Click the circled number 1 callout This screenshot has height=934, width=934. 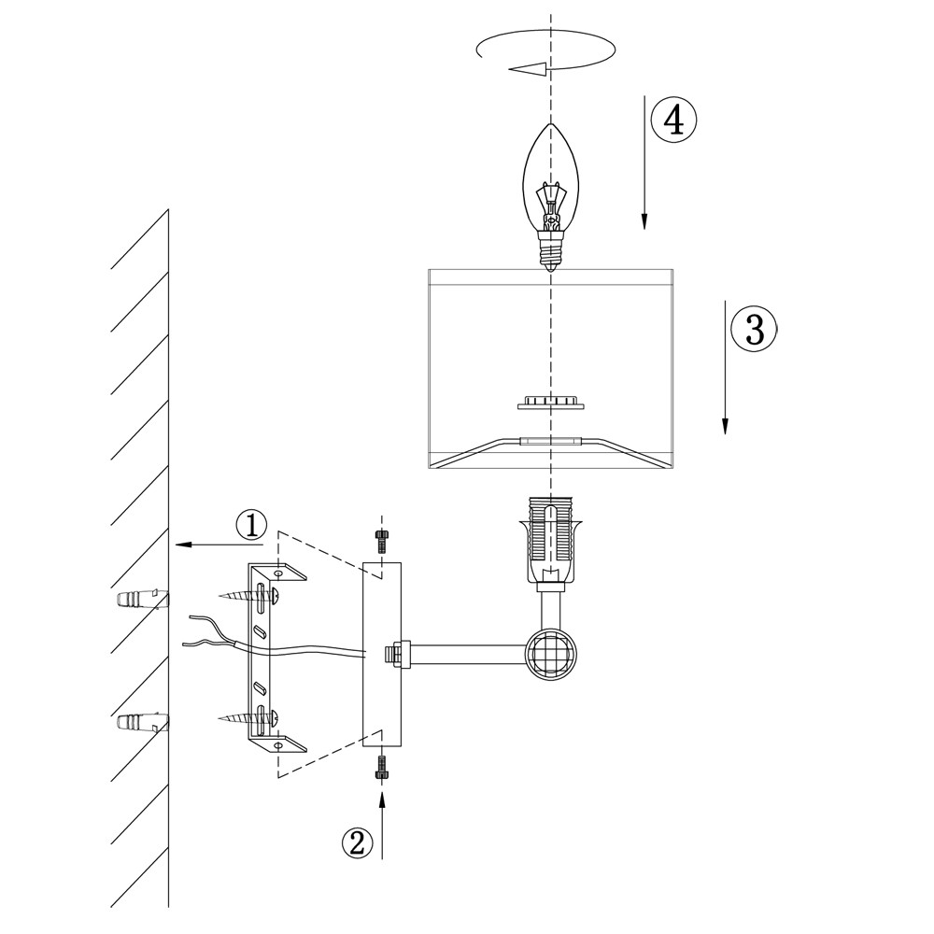(x=251, y=525)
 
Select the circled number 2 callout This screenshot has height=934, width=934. (x=356, y=842)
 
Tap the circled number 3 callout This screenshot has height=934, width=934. (x=754, y=329)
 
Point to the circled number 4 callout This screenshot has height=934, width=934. (x=673, y=120)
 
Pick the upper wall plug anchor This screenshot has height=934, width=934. (x=141, y=599)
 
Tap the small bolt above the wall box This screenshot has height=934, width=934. (x=380, y=540)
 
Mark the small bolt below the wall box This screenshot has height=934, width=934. (x=381, y=769)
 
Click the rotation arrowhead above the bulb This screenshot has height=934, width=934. (x=529, y=67)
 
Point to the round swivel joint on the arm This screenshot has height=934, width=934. (x=549, y=653)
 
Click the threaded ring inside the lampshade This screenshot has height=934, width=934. (x=551, y=403)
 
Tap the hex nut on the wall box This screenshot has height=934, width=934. (x=394, y=654)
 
